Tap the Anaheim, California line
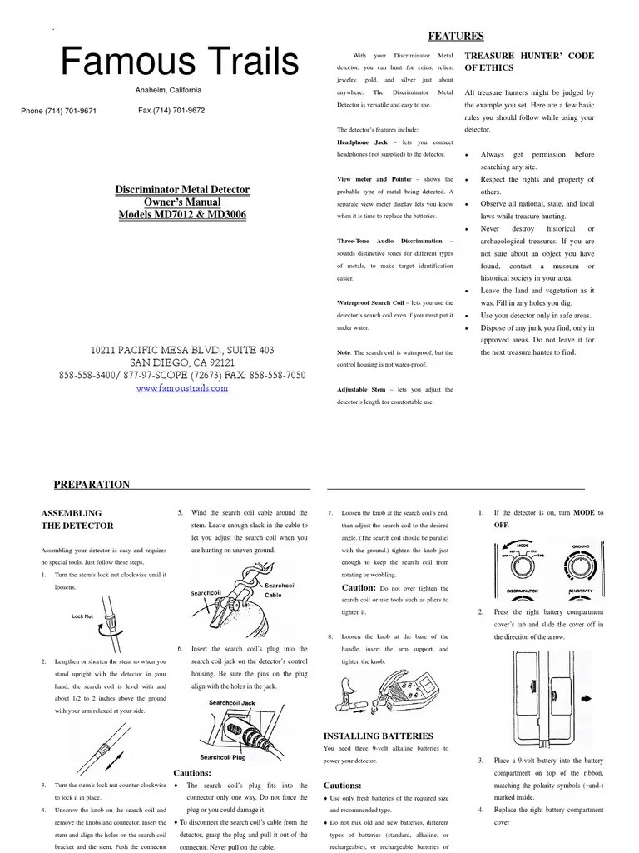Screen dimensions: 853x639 click(168, 91)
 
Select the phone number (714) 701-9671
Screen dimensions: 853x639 click(58, 111)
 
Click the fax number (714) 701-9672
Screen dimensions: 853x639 click(171, 110)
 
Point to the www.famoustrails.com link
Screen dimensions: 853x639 click(181, 388)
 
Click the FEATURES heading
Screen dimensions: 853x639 click(455, 36)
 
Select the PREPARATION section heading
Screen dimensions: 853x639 click(92, 485)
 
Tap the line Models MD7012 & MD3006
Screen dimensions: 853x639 click(182, 215)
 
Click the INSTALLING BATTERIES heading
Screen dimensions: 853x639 click(378, 736)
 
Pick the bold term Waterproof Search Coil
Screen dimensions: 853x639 click(370, 302)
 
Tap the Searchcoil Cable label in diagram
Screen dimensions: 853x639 click(279, 591)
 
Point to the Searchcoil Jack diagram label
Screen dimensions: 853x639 click(232, 703)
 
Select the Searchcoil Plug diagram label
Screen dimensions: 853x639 click(222, 757)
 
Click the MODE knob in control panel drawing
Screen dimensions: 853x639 click(523, 562)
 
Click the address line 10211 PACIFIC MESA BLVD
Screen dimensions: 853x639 click(181, 351)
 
